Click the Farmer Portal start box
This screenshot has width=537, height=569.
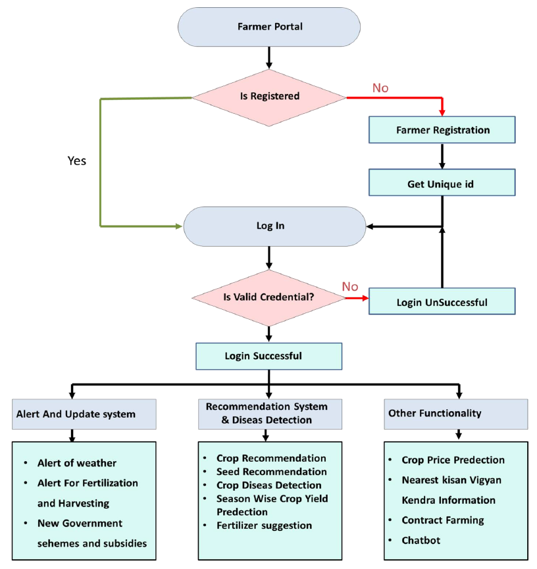269,28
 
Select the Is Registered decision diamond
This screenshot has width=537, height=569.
269,96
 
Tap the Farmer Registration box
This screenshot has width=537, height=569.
442,130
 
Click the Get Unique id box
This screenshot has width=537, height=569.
442,184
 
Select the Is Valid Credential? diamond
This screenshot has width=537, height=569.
269,297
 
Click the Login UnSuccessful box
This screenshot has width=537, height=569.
442,302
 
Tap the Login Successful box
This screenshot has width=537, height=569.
268,356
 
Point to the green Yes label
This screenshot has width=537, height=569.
77,161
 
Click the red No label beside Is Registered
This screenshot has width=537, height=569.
380,87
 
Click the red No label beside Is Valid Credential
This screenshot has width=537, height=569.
350,287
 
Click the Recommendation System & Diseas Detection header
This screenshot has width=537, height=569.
267,413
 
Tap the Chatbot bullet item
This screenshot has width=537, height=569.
421,540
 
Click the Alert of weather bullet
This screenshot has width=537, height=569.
76,463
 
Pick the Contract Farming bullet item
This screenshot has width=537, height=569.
442,520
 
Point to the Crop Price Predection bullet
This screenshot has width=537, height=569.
453,460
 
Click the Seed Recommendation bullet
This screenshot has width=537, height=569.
271,472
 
